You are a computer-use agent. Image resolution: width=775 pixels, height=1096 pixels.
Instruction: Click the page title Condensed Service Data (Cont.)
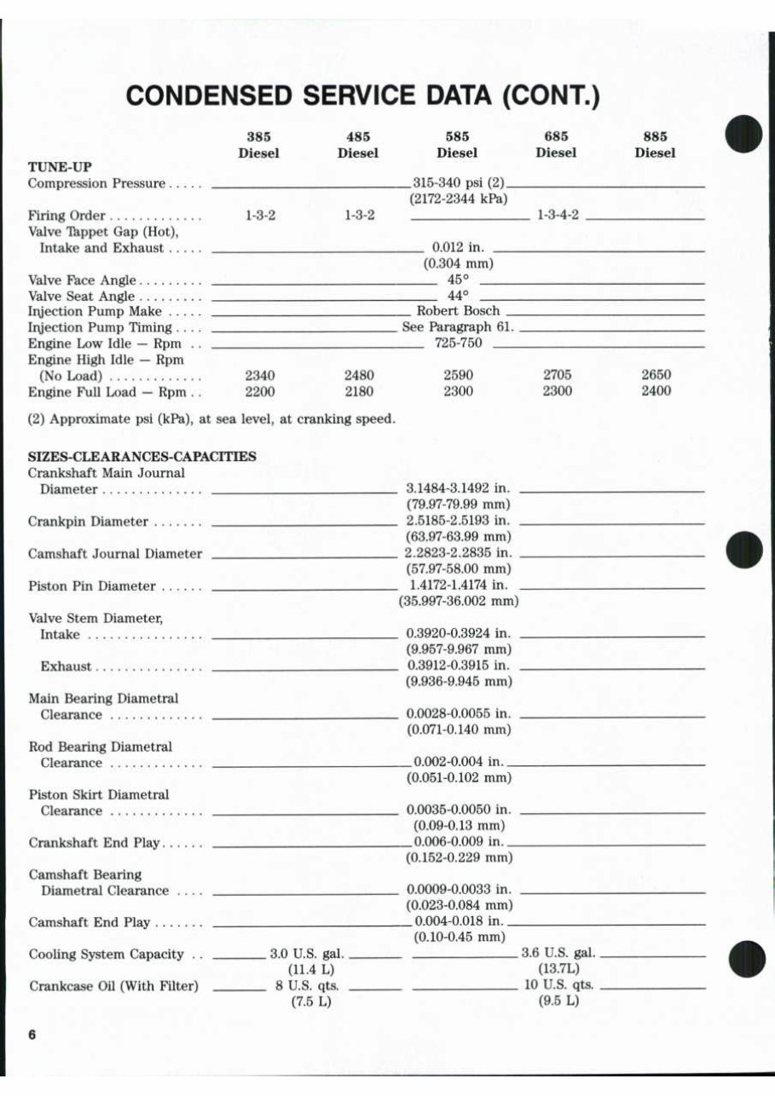click(x=363, y=95)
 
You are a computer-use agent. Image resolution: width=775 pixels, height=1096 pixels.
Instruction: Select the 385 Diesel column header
click(x=259, y=145)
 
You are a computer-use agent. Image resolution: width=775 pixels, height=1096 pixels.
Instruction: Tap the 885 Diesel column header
click(x=655, y=145)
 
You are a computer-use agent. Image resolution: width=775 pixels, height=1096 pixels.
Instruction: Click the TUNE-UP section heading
click(x=60, y=167)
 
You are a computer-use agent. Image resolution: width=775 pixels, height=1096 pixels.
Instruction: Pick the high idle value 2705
click(x=557, y=375)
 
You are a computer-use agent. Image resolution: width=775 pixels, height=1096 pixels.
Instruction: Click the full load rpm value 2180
click(x=358, y=391)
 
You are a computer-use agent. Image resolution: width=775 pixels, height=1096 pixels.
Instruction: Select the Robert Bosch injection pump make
click(x=458, y=311)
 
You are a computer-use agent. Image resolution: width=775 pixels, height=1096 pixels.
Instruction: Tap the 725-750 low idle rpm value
click(x=458, y=343)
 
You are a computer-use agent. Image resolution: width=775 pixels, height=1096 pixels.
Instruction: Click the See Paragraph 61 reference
click(x=458, y=327)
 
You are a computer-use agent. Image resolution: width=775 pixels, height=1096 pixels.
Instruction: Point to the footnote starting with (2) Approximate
click(x=211, y=419)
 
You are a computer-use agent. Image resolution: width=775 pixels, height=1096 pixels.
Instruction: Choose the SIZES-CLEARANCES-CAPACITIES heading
click(x=142, y=457)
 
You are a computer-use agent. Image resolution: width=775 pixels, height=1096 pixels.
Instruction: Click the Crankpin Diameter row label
click(x=88, y=522)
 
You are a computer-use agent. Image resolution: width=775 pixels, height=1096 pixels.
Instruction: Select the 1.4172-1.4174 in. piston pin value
click(x=458, y=586)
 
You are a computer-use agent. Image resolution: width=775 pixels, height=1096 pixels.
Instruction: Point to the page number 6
click(x=32, y=1035)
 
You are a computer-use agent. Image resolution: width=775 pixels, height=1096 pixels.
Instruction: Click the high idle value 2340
click(x=259, y=375)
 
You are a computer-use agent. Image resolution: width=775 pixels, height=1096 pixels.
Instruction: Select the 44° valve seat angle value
click(x=458, y=296)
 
